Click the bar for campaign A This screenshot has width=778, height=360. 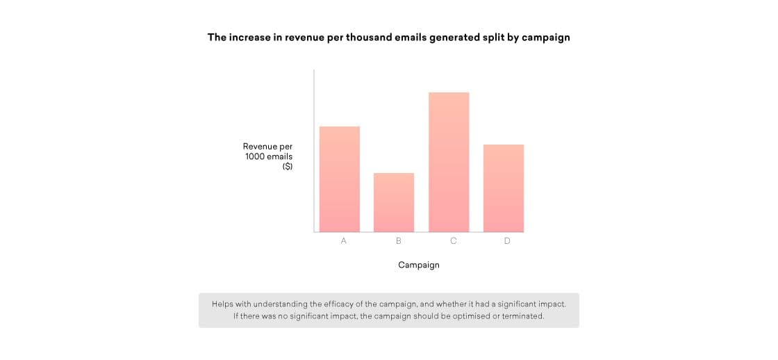[x=340, y=179]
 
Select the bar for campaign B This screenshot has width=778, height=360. [x=394, y=202]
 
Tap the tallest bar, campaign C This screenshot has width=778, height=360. [x=449, y=162]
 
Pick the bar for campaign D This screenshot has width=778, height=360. [x=504, y=188]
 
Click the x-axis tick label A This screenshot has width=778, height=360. [x=343, y=241]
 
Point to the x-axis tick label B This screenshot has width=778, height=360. [x=399, y=241]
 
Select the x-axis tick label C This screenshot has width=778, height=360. [x=454, y=241]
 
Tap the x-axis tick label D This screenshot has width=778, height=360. [x=507, y=241]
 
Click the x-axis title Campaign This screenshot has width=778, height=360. [x=419, y=265]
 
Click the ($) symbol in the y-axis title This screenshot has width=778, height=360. [x=288, y=167]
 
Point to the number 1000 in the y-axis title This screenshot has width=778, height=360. [x=255, y=157]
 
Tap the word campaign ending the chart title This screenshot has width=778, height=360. [x=546, y=38]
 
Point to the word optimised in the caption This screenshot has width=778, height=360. [x=454, y=316]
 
